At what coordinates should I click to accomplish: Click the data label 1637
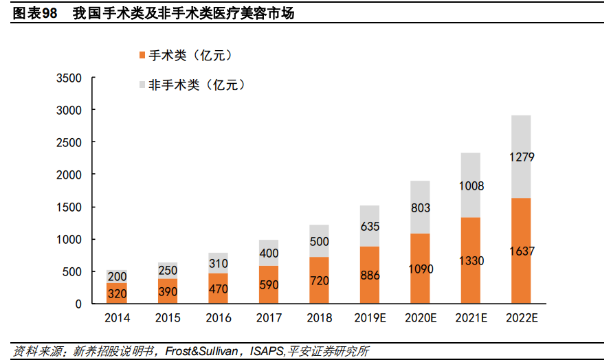521,251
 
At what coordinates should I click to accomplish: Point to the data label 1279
521,157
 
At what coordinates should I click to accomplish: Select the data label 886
369,275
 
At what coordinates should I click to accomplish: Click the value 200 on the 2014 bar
117,276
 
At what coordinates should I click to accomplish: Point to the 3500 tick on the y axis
69,78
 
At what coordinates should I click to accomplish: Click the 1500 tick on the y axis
69,207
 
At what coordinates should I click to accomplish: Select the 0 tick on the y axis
78,304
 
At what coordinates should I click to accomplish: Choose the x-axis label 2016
219,318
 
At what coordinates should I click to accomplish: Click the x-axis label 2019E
370,318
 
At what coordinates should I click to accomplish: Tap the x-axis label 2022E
521,318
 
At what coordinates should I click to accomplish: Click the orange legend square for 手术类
142,55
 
